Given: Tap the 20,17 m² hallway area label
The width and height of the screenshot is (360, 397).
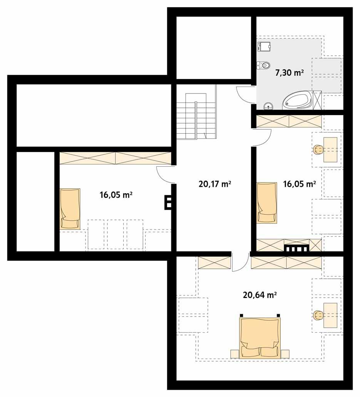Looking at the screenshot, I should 214,184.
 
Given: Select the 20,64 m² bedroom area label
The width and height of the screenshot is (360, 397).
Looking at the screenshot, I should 260,295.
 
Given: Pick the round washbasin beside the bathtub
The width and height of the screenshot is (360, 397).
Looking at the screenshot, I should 268,106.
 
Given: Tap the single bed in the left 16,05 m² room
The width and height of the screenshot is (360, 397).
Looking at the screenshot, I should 70,209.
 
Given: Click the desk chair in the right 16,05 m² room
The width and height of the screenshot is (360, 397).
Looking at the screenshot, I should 318,150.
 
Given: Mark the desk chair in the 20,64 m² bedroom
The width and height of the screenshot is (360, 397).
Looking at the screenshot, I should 318,315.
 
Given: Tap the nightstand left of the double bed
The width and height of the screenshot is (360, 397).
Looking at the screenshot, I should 234,354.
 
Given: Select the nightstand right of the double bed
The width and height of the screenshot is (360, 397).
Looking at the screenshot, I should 285,354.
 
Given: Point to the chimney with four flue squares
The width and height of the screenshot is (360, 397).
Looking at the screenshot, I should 297,248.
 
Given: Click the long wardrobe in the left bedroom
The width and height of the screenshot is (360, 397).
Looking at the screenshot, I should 115,158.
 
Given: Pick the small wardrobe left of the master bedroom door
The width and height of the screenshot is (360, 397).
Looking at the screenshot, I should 214,263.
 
